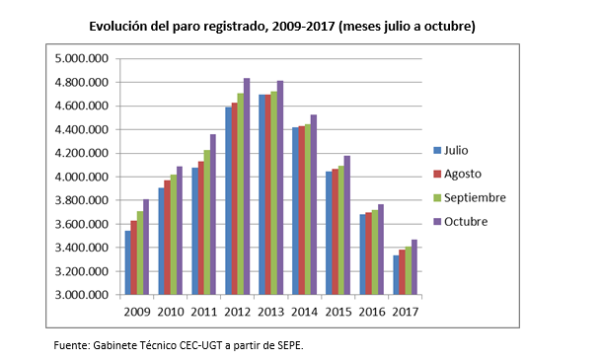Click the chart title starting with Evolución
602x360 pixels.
[282, 26]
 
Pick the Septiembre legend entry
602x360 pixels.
[474, 197]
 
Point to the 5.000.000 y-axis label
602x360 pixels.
[81, 59]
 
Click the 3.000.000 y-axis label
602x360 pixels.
[81, 295]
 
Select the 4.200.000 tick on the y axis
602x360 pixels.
[81, 154]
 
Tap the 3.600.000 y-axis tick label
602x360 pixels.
[81, 225]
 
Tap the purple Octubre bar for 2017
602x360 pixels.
[414, 267]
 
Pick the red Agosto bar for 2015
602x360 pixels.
[335, 232]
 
